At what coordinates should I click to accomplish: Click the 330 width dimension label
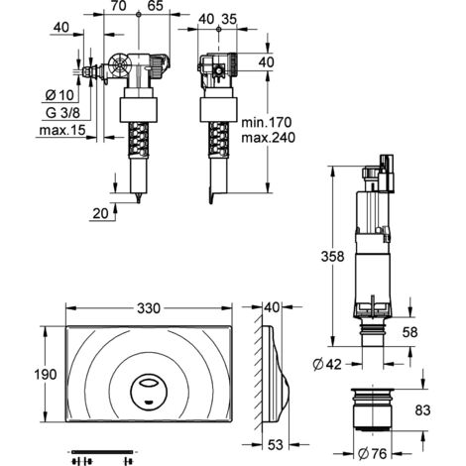149,308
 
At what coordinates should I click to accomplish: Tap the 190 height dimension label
46,375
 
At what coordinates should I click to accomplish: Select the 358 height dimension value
332,256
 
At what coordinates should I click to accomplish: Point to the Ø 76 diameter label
372,454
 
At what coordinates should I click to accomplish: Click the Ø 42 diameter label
327,365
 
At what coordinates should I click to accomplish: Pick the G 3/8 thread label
62,113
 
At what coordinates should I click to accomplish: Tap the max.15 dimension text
62,130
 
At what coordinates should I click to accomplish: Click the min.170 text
267,122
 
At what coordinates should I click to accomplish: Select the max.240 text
268,138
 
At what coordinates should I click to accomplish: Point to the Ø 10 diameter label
59,95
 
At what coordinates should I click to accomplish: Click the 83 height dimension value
422,410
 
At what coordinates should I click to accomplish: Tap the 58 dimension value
410,332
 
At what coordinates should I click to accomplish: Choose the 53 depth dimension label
276,445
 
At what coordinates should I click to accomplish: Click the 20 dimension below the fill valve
100,213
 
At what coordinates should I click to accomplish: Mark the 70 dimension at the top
119,6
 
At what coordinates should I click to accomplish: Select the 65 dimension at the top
156,6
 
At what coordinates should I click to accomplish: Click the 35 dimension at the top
229,19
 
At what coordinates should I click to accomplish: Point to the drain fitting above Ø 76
373,409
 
